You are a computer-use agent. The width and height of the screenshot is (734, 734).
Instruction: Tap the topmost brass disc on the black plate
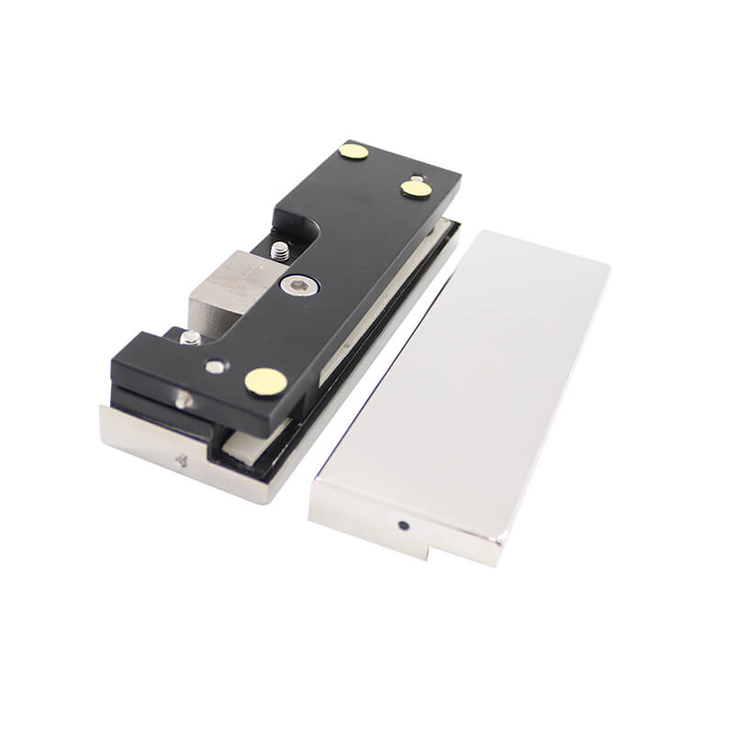[x=352, y=151]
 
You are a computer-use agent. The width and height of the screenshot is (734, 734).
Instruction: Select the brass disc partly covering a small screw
[x=416, y=188]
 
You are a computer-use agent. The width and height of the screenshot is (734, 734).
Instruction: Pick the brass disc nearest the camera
[x=263, y=381]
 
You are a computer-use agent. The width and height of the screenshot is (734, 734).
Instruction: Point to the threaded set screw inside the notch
[x=279, y=249]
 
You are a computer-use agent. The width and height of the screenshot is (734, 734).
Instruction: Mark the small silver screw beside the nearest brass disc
[x=214, y=366]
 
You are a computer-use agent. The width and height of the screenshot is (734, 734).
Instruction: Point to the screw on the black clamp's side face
[x=182, y=398]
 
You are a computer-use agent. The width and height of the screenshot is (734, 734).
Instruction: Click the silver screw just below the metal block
[x=190, y=338]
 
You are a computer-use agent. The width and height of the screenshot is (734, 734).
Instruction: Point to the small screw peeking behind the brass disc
[x=417, y=178]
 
